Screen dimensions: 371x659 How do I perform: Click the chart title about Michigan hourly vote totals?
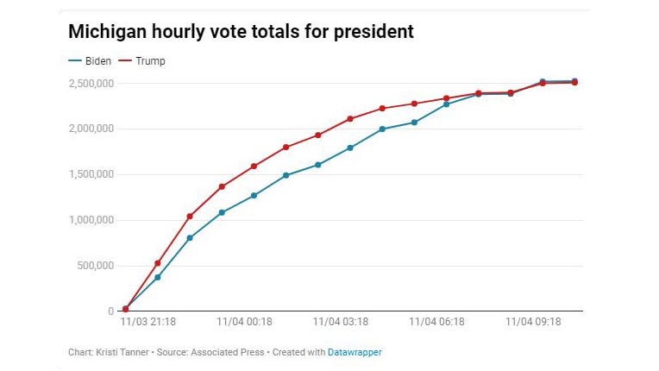coord(242,32)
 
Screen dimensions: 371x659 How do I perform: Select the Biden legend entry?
coord(89,61)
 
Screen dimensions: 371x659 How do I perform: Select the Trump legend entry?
coord(147,61)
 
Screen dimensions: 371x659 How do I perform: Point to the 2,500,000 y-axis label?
coord(91,83)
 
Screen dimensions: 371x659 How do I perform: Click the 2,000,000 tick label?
coord(91,129)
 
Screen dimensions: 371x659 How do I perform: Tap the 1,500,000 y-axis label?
coord(91,174)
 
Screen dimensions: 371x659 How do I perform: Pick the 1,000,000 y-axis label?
coord(91,220)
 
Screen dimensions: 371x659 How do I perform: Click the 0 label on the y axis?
coord(110,311)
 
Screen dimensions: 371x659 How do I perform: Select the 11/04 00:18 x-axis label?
coord(244,323)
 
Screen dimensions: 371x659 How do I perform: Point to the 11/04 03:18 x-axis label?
coord(341,323)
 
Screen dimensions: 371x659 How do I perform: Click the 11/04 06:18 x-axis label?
coord(436,323)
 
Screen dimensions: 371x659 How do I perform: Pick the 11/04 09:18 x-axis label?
coord(533,323)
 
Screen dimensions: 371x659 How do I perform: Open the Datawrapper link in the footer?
coord(355,352)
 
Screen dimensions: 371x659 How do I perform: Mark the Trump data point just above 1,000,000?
coord(190,216)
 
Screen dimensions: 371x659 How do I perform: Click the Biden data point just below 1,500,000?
coord(286,175)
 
